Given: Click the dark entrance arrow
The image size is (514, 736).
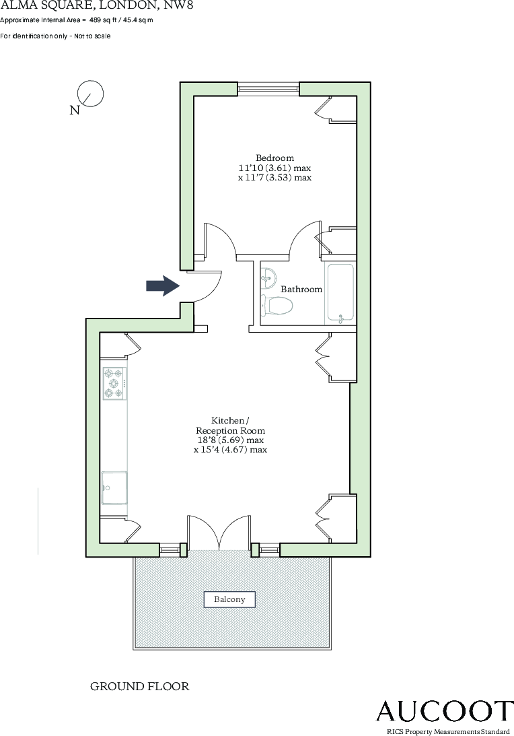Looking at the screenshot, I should pos(161,286).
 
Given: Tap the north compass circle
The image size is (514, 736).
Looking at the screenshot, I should pos(91,93).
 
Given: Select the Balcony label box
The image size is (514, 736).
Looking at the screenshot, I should pos(229,599).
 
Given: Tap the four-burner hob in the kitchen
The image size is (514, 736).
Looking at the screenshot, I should pos(114,383).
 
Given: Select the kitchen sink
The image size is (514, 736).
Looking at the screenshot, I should pos(114,488).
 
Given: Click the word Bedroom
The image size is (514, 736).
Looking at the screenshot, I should pos(274,158).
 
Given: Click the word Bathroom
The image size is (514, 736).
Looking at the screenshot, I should pos(301,290).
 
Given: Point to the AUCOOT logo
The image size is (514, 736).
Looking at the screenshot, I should pos(444,711).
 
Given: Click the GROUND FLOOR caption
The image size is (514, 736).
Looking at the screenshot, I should pos(140,687).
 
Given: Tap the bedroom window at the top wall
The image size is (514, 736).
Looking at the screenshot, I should pos(268,86).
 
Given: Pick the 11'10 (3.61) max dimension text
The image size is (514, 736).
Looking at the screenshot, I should pos(274,168).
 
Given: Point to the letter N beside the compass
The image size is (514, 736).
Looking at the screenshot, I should pos(75,110).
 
